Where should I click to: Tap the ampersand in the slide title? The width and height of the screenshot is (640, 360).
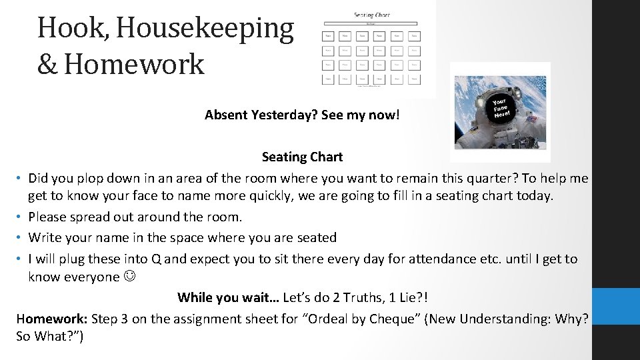48,65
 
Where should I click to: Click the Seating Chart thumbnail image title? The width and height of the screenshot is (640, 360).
372,14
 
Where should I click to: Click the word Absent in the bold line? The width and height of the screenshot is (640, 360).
226,115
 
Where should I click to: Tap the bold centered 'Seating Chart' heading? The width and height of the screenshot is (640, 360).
302,157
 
